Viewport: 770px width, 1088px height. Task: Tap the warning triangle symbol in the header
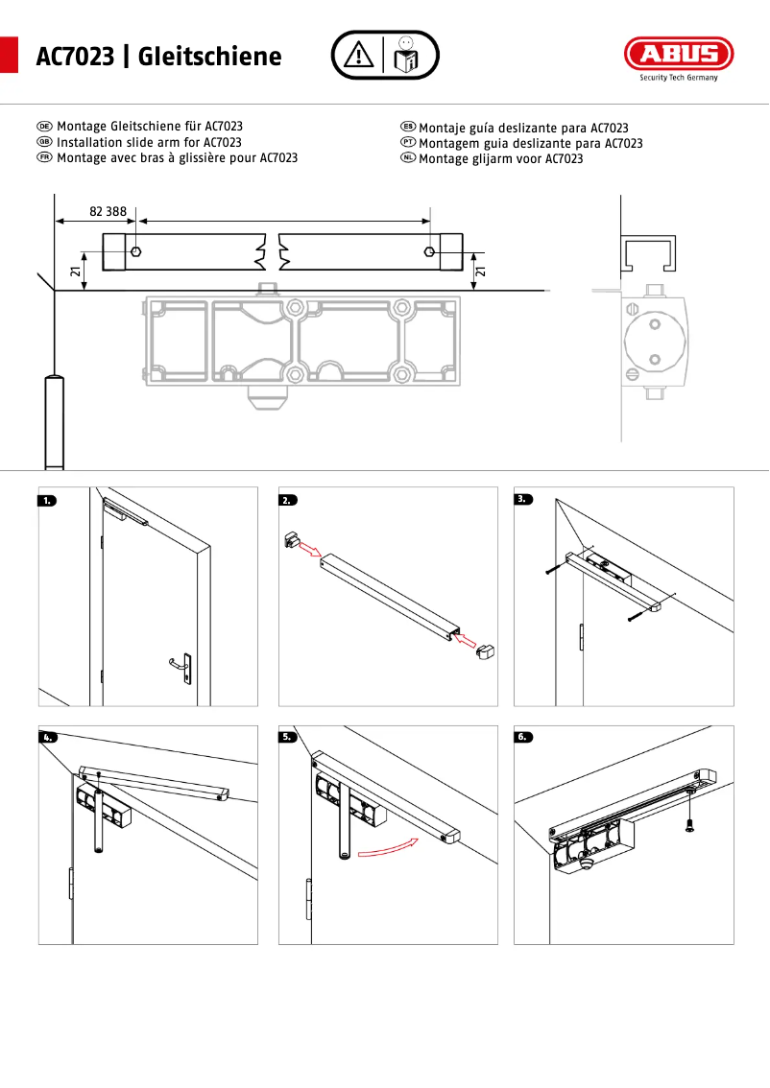pos(358,55)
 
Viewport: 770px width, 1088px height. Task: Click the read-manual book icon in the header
pos(405,56)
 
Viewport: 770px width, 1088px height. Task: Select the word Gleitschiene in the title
pos(210,57)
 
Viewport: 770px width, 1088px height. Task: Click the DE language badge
pos(44,127)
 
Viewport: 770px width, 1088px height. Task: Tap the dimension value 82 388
pos(108,210)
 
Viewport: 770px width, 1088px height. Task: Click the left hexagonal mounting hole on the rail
pos(136,251)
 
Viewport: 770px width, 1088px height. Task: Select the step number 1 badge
pos(49,500)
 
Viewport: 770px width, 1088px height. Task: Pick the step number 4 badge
pos(49,738)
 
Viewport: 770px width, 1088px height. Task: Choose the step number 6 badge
pos(524,738)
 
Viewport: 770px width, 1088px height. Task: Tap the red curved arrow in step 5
pos(388,847)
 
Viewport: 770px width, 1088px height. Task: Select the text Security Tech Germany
pos(679,79)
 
